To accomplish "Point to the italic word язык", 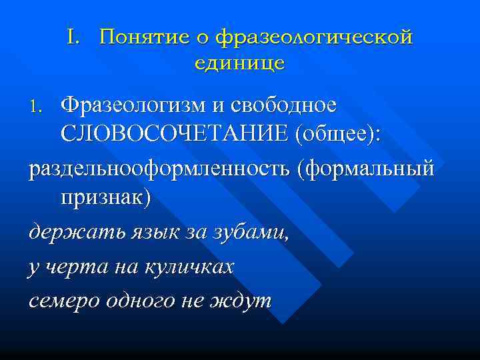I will [x=143, y=234].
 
